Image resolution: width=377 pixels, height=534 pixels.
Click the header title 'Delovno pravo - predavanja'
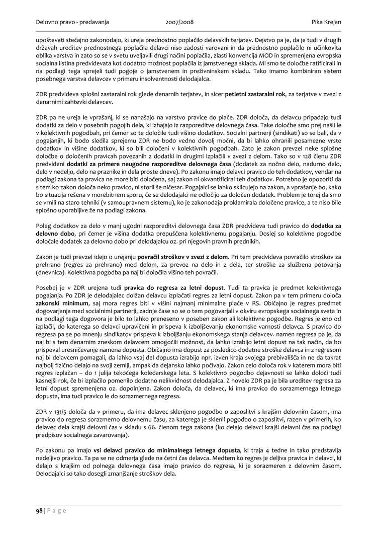[72, 23]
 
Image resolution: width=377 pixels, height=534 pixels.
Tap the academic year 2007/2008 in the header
[179, 23]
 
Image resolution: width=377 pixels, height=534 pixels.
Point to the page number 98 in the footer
[39, 511]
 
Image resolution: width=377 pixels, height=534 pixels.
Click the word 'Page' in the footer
[57, 511]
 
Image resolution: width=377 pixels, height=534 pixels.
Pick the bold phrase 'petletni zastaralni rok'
[255, 94]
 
